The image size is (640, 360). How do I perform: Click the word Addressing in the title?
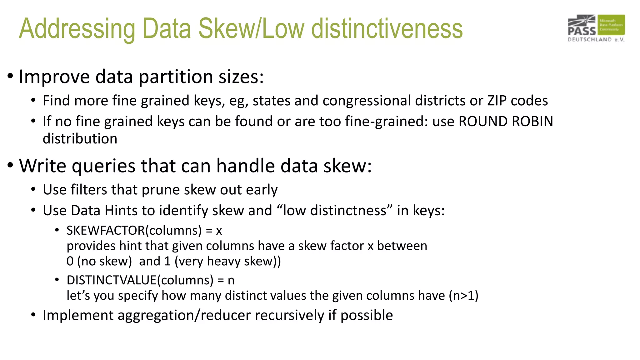(x=77, y=29)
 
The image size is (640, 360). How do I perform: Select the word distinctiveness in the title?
(x=387, y=29)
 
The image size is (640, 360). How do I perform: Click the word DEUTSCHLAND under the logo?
(x=590, y=40)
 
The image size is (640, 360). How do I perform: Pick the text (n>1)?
(x=463, y=295)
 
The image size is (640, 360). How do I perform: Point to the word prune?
(x=161, y=190)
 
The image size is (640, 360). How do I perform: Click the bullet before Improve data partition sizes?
(x=10, y=76)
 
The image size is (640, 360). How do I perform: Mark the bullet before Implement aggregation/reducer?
(x=33, y=315)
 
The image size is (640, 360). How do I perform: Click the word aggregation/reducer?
(x=184, y=315)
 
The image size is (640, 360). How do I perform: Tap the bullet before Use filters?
(x=33, y=189)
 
